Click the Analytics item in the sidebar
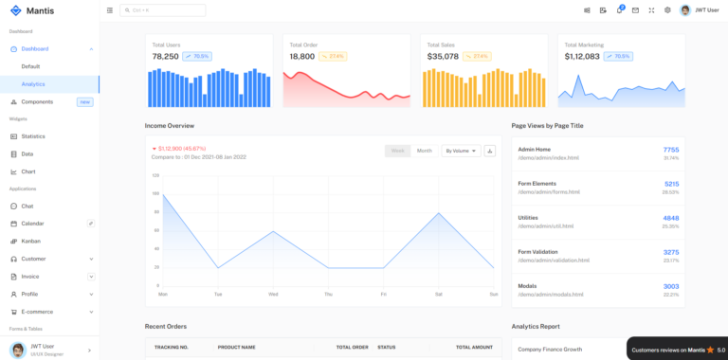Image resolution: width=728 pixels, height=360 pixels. [x=33, y=84]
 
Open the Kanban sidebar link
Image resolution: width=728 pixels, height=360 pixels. [x=30, y=241]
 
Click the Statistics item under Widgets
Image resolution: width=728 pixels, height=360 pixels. [x=33, y=136]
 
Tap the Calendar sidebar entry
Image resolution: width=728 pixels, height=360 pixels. [x=32, y=224]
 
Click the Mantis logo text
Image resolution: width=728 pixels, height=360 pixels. [x=39, y=10]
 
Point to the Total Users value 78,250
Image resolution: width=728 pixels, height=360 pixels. [x=165, y=57]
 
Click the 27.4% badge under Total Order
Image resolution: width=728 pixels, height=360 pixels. [x=334, y=57]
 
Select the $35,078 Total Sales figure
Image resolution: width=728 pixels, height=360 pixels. [x=443, y=57]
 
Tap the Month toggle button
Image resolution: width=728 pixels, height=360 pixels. [x=424, y=151]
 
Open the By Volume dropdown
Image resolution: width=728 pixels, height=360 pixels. [x=461, y=151]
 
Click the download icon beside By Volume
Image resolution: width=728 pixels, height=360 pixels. [x=490, y=151]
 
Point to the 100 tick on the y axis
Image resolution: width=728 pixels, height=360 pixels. [x=155, y=193]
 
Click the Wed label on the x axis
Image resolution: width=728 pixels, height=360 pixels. [x=273, y=294]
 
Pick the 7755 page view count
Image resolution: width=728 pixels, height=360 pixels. [x=670, y=150]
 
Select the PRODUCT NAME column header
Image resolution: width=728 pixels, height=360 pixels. [x=236, y=347]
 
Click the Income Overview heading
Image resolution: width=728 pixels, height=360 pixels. [x=170, y=125]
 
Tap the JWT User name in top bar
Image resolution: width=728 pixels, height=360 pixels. [x=706, y=10]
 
